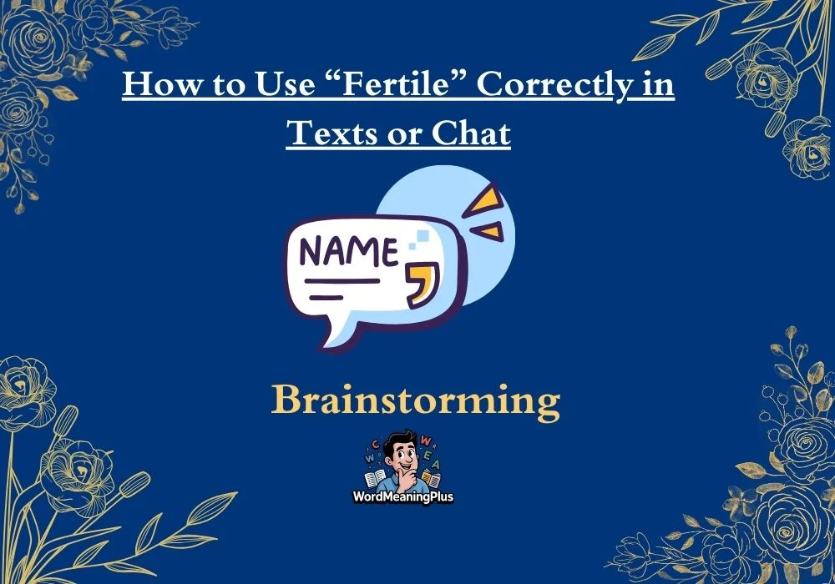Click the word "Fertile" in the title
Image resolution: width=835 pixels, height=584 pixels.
(x=396, y=83)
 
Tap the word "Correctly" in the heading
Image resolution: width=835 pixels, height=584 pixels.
(x=554, y=85)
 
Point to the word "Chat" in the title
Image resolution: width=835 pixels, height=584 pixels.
(x=471, y=133)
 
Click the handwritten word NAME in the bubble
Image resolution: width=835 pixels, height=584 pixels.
(x=349, y=252)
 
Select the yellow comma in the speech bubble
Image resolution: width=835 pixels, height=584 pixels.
(x=423, y=284)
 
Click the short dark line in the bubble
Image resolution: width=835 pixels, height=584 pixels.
(x=326, y=298)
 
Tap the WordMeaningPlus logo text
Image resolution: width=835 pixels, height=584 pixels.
(x=403, y=496)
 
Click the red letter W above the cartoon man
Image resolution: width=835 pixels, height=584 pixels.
(x=426, y=441)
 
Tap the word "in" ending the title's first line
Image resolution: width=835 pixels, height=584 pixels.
(x=658, y=84)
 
